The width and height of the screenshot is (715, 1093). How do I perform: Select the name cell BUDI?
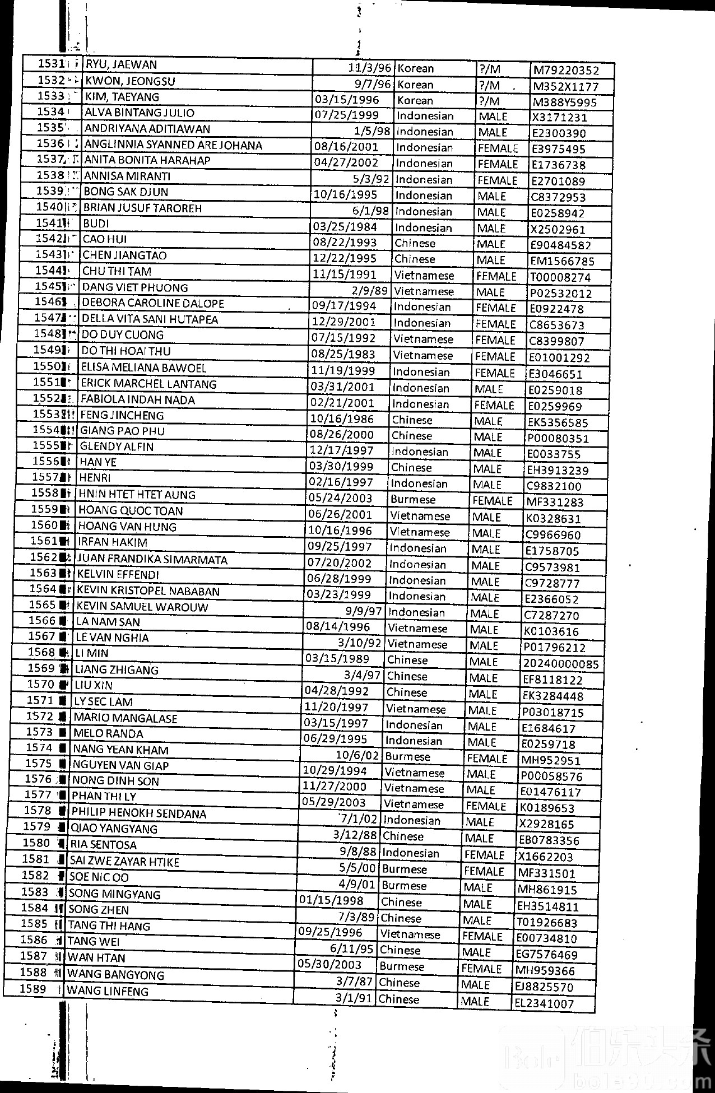[96, 224]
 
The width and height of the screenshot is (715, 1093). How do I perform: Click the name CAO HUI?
[105, 239]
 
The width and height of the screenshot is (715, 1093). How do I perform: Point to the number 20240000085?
[561, 664]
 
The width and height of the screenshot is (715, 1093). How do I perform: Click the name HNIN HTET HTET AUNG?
[137, 495]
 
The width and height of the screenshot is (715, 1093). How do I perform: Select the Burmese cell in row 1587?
[402, 966]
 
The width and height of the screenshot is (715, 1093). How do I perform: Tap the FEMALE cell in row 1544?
[496, 276]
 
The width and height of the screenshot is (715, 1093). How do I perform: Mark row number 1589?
[33, 988]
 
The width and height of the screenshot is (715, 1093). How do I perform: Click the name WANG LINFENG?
[108, 991]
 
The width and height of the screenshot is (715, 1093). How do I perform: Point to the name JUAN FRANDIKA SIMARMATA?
[152, 559]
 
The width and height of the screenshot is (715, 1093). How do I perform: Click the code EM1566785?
[562, 261]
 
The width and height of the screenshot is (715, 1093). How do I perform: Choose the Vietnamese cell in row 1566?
[417, 629]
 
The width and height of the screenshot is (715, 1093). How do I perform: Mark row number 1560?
[44, 525]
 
